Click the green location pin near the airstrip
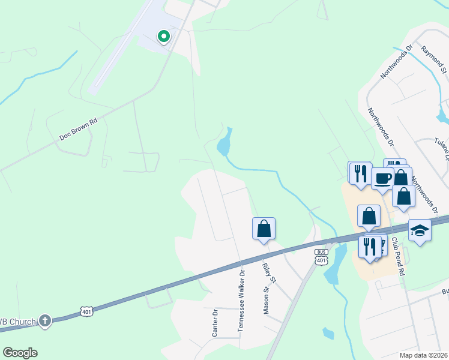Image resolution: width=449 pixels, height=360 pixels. (163, 37)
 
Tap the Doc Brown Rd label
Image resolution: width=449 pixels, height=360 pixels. (78, 129)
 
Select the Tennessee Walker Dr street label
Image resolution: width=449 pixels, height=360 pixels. (242, 299)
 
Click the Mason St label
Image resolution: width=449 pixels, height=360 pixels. (265, 299)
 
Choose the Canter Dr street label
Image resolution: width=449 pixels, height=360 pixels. (215, 322)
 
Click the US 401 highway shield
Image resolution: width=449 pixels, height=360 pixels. (87, 311)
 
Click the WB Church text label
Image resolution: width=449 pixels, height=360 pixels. (18, 322)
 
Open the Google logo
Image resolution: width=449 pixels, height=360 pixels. (20, 353)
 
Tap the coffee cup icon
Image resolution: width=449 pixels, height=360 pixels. (382, 178)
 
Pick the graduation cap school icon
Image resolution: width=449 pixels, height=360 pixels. (420, 230)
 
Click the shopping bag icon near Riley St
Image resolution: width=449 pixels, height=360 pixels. (264, 228)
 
